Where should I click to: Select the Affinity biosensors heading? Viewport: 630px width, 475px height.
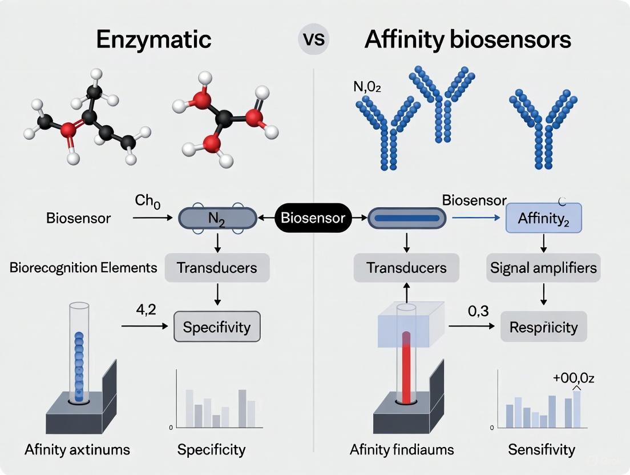click(467, 40)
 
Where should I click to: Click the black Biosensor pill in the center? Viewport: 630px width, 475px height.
click(313, 218)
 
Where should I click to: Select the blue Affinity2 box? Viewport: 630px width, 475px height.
click(544, 218)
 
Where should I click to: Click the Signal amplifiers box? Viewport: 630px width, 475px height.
click(543, 267)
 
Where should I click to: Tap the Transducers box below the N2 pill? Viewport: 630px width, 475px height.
click(216, 267)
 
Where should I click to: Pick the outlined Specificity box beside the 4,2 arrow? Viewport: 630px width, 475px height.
click(216, 327)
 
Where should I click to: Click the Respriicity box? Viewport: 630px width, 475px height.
click(543, 327)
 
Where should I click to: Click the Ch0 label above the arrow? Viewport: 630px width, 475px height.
click(147, 202)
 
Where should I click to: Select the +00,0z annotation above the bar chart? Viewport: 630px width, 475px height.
click(574, 377)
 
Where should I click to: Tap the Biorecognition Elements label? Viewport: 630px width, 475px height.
click(83, 267)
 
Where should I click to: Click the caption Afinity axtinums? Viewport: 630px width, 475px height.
click(77, 449)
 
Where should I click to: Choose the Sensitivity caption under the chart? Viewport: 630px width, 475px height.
click(542, 449)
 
